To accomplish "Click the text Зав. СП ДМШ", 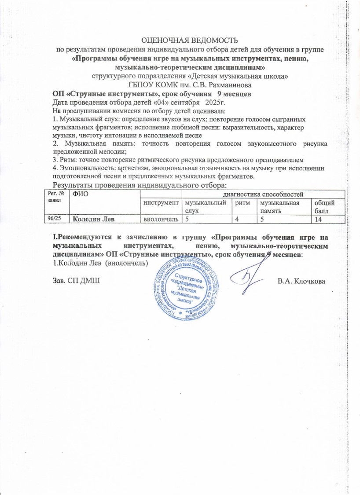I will point(73,281).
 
